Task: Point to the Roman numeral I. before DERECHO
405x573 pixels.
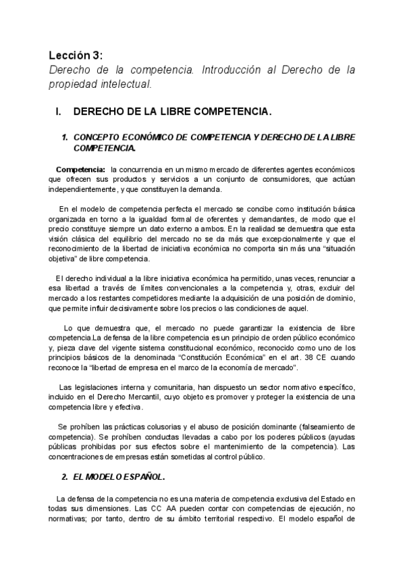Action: (58, 110)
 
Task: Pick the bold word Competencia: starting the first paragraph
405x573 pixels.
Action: (80, 168)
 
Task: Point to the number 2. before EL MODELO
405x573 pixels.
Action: (64, 478)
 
